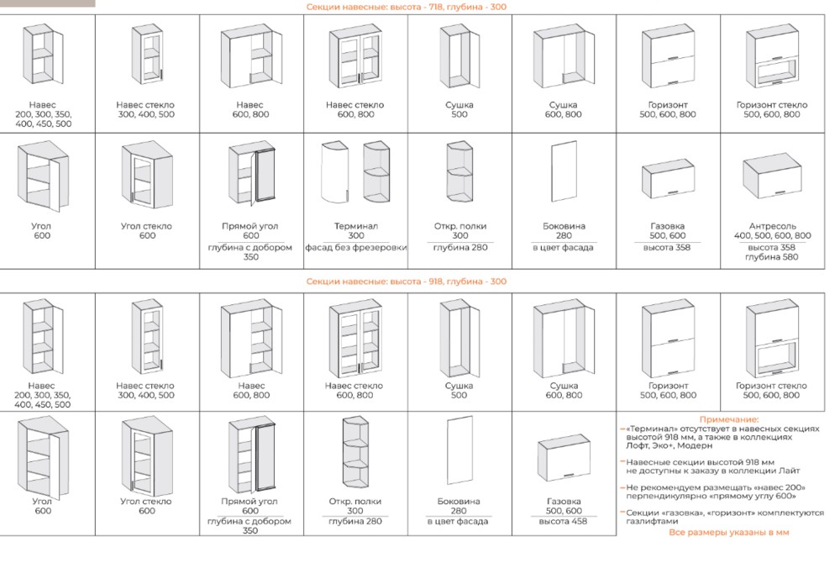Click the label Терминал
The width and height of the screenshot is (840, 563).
[355, 226]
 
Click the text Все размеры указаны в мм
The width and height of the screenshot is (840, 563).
[729, 532]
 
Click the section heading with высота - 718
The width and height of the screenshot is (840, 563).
[406, 7]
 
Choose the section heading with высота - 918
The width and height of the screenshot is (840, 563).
[406, 282]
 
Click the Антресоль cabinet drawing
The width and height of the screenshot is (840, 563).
[773, 179]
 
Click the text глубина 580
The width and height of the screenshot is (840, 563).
[774, 257]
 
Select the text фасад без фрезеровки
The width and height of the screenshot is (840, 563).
[355, 247]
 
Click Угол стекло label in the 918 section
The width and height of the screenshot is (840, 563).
[146, 501]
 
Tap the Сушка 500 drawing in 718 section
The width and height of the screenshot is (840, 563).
[458, 59]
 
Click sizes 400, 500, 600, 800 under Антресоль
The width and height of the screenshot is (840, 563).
[774, 236]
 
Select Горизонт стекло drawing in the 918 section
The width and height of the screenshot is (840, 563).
[772, 339]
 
